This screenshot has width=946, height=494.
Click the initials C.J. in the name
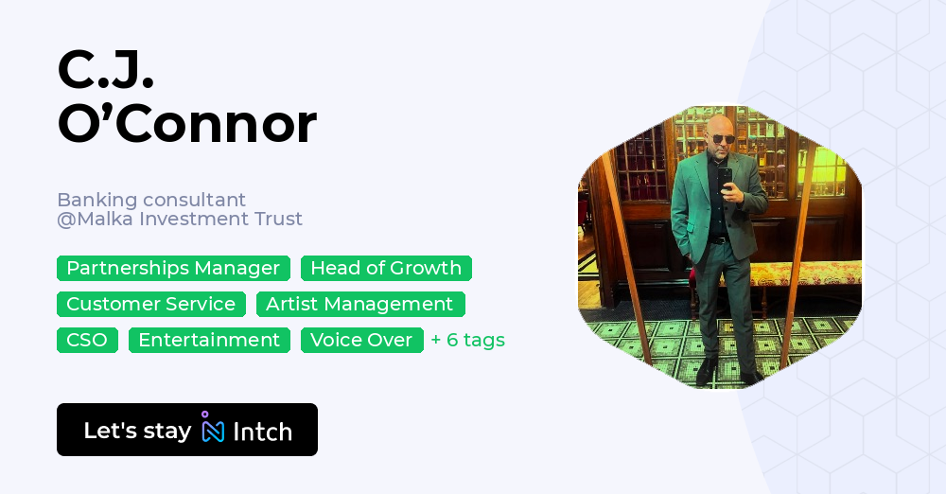105,68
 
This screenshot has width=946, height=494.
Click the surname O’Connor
186,124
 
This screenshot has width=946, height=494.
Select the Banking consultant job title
151,200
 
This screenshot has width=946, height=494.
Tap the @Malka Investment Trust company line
180,220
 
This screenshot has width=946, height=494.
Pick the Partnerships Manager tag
173,269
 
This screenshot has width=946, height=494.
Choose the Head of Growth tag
386,269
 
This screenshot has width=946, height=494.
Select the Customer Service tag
150,305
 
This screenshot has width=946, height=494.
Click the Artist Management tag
359,305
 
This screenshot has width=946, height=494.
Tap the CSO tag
87,340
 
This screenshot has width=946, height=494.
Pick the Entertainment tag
209,340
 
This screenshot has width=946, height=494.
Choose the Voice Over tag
361,340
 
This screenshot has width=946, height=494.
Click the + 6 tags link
467,340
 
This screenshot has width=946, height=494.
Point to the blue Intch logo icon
212,429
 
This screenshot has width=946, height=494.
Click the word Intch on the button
262,432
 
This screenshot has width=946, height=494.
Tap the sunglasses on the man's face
723,139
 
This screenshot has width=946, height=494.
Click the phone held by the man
724,176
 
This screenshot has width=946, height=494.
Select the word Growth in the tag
428,269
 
